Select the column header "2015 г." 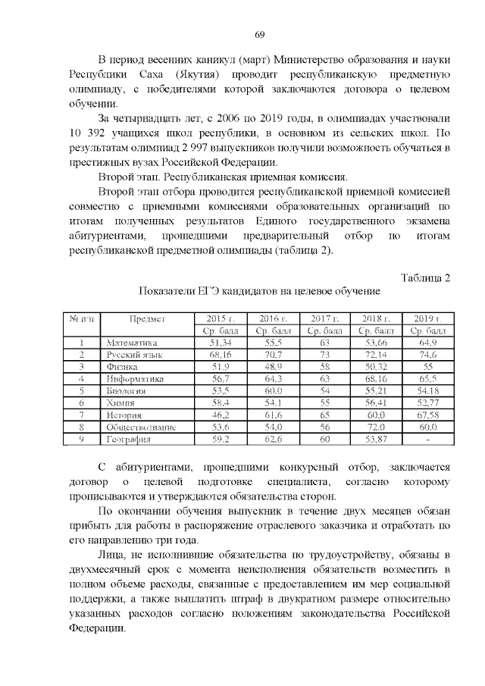tap(222, 318)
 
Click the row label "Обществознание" tap(142, 427)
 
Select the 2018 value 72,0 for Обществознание tap(376, 427)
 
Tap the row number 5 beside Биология tap(80, 390)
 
